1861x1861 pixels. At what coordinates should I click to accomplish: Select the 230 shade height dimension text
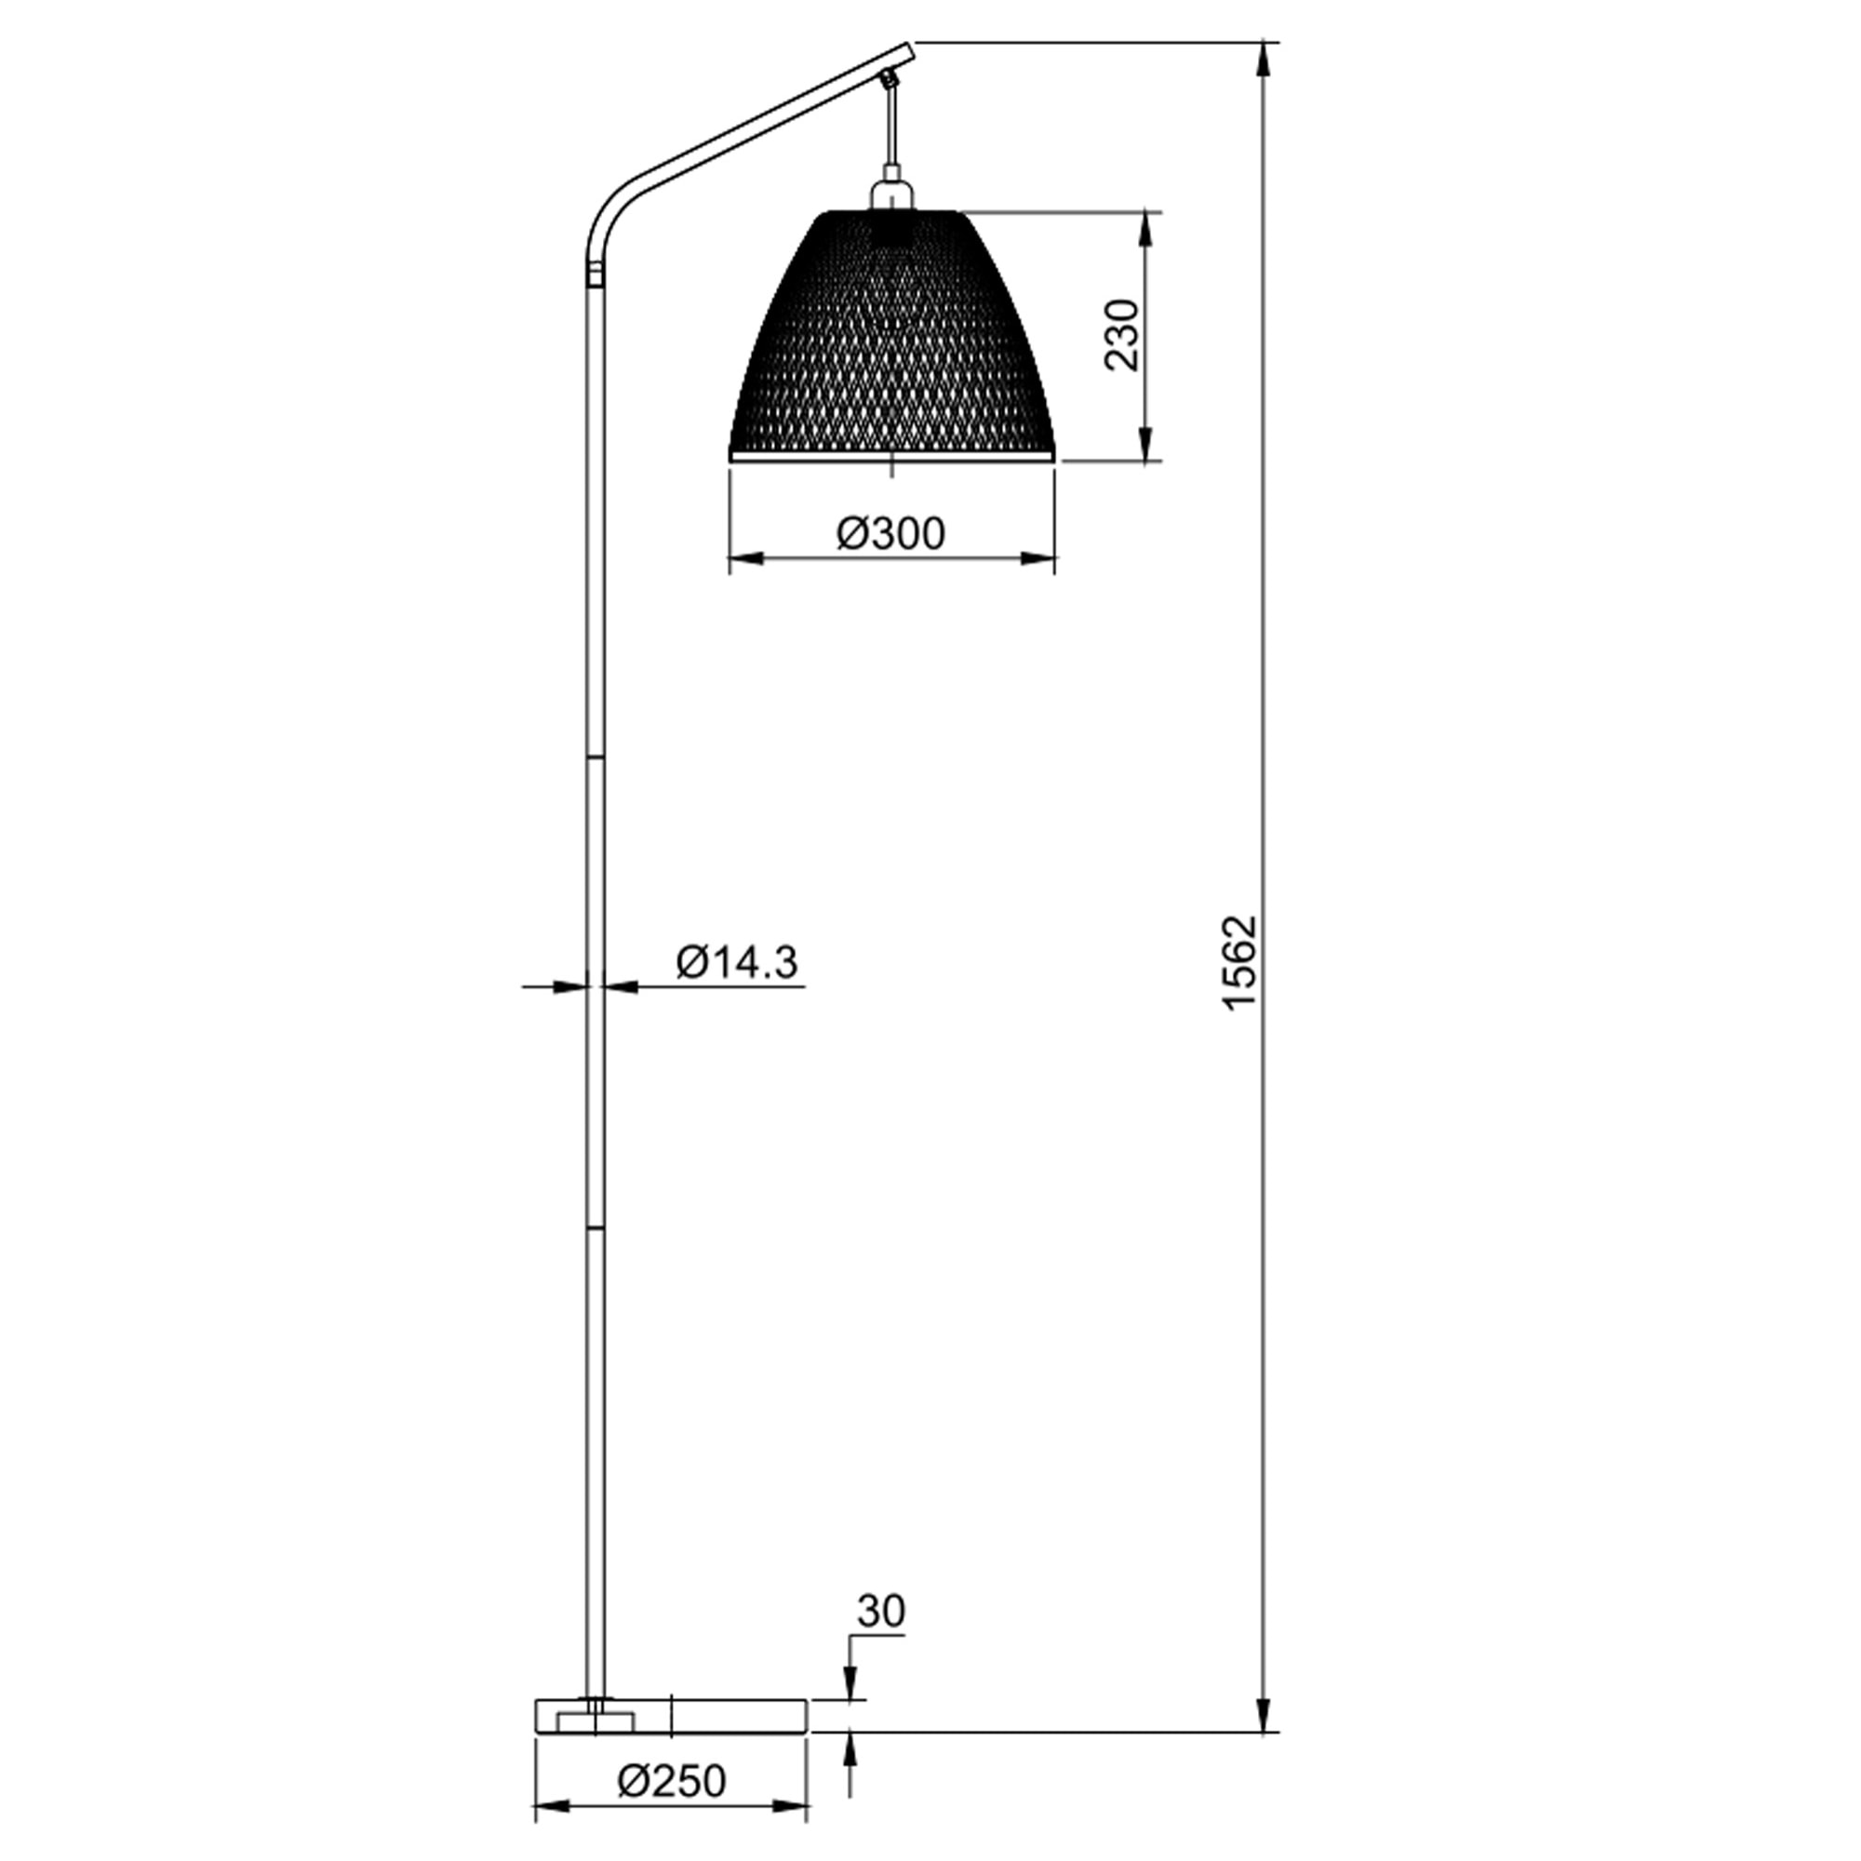tap(1121, 334)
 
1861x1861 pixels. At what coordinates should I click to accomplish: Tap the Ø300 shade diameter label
tap(891, 532)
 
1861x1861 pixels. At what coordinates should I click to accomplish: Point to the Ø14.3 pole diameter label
tap(737, 961)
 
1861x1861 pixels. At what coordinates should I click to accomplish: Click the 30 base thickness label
tap(881, 1610)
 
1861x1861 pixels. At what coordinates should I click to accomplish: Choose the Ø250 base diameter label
tap(672, 1781)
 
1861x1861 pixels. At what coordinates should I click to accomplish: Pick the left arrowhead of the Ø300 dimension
tap(747, 557)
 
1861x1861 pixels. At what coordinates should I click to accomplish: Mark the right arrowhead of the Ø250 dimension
tap(790, 1807)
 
